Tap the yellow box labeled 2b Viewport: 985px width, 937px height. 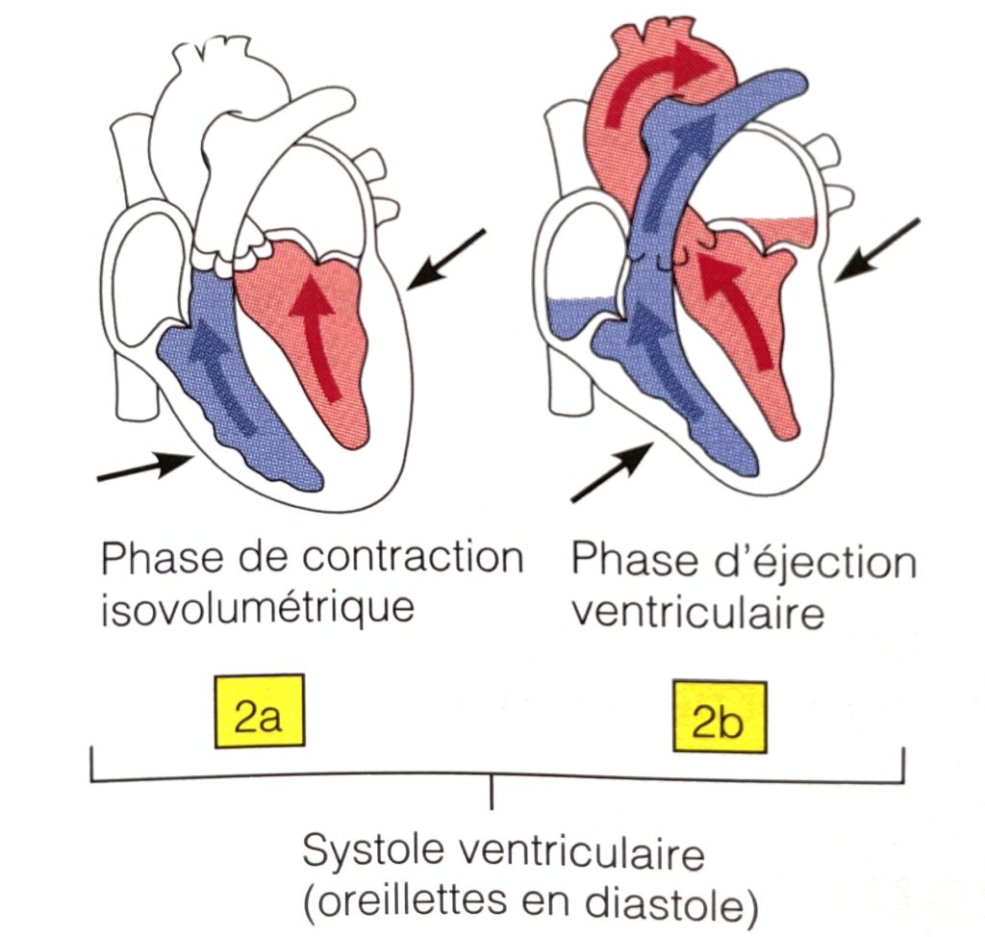point(721,721)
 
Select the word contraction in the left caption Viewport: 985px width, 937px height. point(416,559)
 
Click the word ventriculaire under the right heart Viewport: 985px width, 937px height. point(697,612)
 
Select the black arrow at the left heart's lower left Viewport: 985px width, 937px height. point(144,468)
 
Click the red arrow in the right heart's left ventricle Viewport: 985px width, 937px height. point(736,308)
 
